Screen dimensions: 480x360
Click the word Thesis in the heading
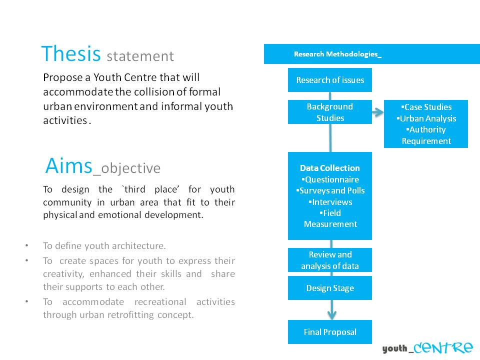pyautogui.click(x=71, y=53)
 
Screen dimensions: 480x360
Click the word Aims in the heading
pyautogui.click(x=68, y=165)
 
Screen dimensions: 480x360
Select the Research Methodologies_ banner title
pyautogui.click(x=337, y=54)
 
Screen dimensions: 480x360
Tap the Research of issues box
pyautogui.click(x=330, y=80)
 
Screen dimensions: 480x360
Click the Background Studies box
pyautogui.click(x=330, y=112)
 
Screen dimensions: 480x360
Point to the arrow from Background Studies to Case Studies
pyautogui.click(x=378, y=112)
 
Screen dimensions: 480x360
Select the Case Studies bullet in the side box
pyautogui.click(x=426, y=107)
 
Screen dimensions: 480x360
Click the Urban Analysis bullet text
pyautogui.click(x=426, y=118)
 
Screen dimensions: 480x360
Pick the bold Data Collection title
pyautogui.click(x=330, y=168)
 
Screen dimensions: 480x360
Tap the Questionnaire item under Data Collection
pyautogui.click(x=330, y=179)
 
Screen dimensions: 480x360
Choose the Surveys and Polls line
pyautogui.click(x=330, y=190)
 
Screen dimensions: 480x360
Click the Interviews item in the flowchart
pyautogui.click(x=330, y=202)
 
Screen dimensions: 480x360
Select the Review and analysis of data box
pyautogui.click(x=330, y=260)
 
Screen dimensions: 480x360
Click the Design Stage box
pyautogui.click(x=330, y=288)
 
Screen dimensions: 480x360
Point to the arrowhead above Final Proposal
pyautogui.click(x=332, y=315)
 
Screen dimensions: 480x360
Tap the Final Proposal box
pyautogui.click(x=330, y=332)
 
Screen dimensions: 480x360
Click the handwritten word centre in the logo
pyautogui.click(x=443, y=347)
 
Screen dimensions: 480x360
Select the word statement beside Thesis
pyautogui.click(x=140, y=56)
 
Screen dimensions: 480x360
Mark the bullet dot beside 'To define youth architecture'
pyautogui.click(x=27, y=245)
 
